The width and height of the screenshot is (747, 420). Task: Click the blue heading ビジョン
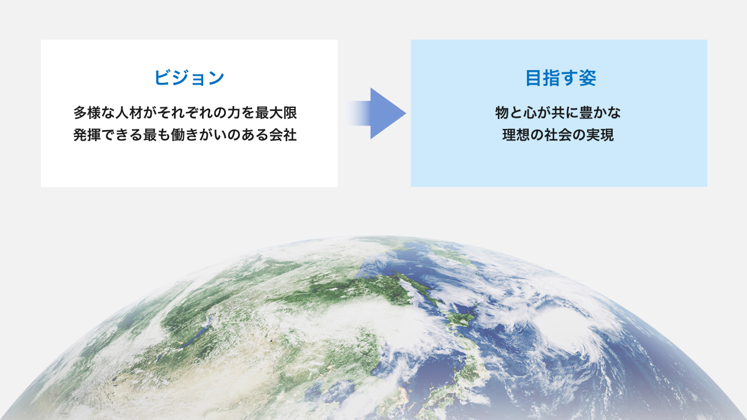tap(189, 78)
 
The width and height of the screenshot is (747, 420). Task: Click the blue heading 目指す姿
tap(561, 78)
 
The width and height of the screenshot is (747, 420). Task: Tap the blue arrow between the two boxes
tap(377, 113)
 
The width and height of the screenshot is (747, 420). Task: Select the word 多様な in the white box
tap(94, 113)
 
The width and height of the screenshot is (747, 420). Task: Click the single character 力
tap(234, 113)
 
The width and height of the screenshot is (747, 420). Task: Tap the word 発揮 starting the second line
tap(87, 135)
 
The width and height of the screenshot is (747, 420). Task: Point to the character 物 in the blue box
tap(502, 113)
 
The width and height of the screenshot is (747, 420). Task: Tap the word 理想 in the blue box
tap(516, 135)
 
